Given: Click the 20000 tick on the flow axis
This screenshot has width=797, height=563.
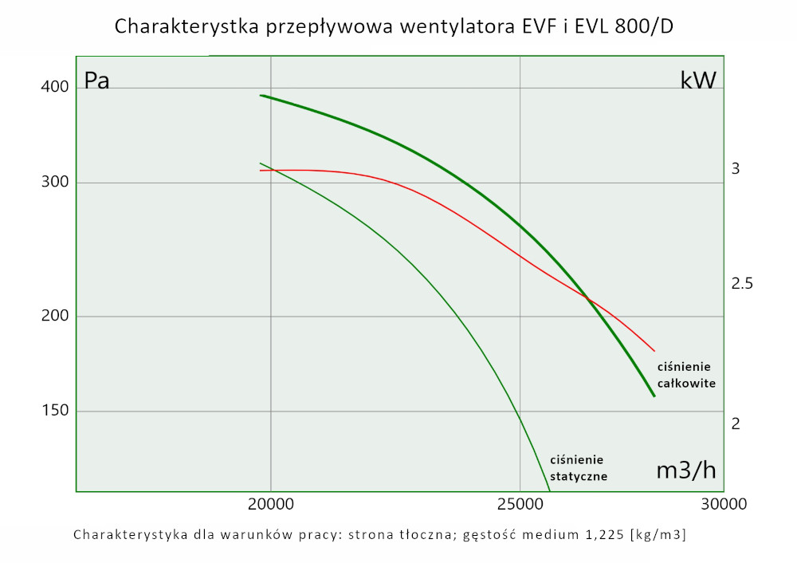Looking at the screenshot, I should click(271, 504).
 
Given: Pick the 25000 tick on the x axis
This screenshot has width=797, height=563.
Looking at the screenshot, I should click(520, 504).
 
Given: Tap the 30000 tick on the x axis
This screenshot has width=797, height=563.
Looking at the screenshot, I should click(724, 504).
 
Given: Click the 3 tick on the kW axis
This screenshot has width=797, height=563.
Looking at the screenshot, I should click(736, 169).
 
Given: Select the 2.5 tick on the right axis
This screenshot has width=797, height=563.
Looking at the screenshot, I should click(741, 283).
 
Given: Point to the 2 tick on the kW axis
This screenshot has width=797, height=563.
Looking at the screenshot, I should click(736, 423).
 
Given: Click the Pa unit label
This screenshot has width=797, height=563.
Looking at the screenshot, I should click(96, 81).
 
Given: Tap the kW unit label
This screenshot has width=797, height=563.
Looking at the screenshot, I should click(697, 81).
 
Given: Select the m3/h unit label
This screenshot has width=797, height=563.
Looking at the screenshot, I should click(686, 470).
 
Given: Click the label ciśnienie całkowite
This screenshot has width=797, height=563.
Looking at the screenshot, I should click(685, 375).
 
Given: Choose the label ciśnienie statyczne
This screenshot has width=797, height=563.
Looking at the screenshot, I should click(579, 468).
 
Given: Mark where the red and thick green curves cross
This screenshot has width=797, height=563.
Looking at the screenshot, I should click(587, 298).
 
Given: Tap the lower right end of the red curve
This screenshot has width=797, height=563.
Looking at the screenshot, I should click(654, 351).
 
